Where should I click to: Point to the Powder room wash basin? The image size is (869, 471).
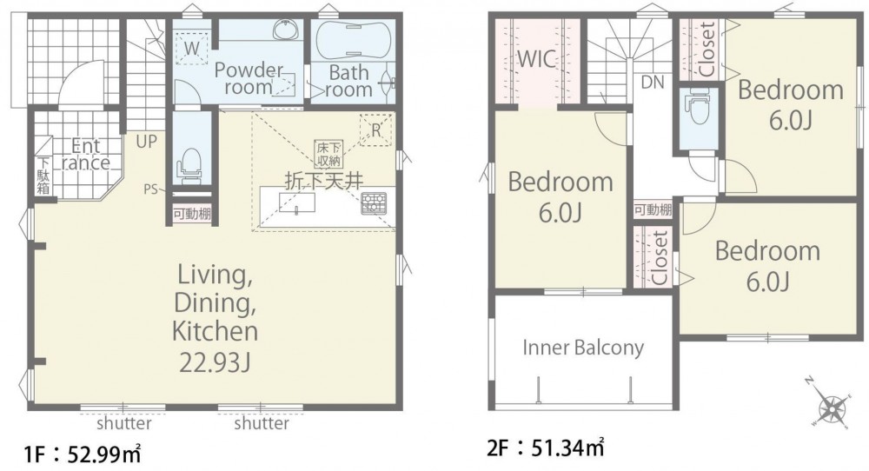[287, 30]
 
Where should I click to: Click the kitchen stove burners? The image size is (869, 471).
[373, 202]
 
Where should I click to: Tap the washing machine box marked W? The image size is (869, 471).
[191, 47]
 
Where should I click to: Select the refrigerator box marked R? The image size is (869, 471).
[375, 130]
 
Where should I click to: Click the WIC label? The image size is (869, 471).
[537, 59]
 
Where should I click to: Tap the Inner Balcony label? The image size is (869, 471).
[583, 348]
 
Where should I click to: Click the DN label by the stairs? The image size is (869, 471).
[653, 83]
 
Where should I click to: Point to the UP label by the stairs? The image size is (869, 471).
[146, 142]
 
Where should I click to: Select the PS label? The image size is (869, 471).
[150, 189]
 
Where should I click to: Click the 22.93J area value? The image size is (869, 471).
[215, 363]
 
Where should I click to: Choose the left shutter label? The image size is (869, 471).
[123, 423]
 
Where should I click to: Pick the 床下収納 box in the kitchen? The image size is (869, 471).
[328, 154]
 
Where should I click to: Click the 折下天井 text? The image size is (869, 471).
[324, 181]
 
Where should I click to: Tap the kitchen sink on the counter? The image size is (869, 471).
[297, 202]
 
